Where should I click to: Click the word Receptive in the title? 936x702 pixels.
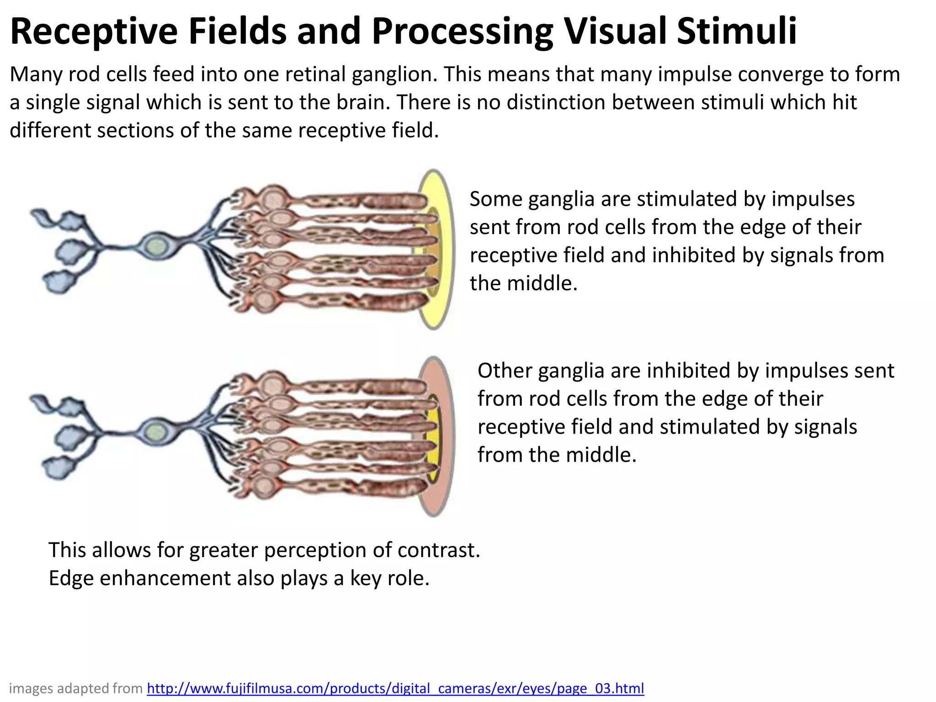pyautogui.click(x=94, y=32)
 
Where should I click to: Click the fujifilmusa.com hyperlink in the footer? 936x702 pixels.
pyautogui.click(x=395, y=688)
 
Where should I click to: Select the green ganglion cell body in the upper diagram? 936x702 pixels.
pyautogui.click(x=156, y=247)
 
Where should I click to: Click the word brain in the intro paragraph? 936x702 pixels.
pyautogui.click(x=363, y=102)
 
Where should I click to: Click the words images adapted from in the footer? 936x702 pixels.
pyautogui.click(x=76, y=688)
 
